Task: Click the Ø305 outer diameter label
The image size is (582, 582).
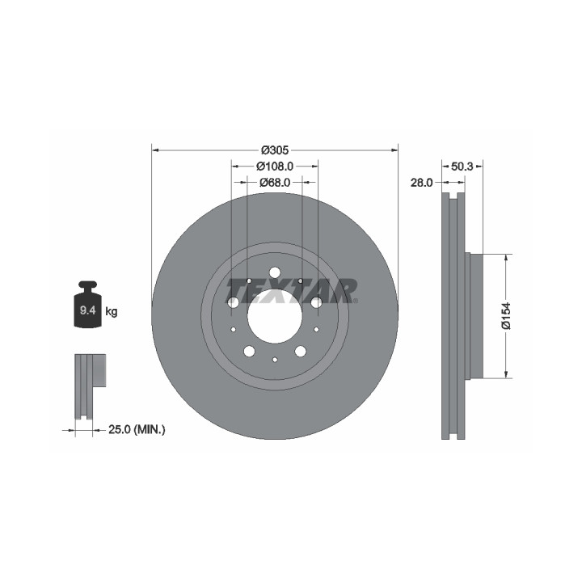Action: (275, 150)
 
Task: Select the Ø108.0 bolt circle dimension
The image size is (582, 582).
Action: (275, 167)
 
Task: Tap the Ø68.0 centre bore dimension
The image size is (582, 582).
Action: (275, 182)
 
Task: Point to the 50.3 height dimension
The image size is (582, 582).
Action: (462, 167)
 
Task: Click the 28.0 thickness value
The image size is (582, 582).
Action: (421, 183)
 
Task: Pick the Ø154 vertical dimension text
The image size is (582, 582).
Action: (506, 316)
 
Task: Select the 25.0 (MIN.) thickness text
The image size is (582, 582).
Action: (137, 430)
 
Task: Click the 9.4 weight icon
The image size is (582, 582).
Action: (87, 305)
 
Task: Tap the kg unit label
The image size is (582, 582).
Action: (112, 311)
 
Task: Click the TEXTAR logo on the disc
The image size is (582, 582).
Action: (292, 291)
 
